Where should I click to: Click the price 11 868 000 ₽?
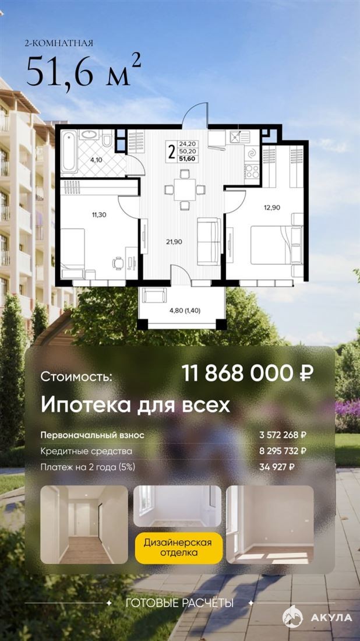248,373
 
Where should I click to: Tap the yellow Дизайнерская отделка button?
178,548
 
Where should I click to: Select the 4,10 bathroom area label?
97,160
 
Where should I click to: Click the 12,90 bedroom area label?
272,207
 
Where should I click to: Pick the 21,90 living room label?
175,242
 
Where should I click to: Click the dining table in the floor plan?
185,190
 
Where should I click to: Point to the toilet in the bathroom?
107,138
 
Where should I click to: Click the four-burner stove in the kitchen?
252,171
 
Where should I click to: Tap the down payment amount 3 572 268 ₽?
283,435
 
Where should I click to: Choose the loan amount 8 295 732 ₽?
283,451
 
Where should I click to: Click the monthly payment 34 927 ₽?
277,467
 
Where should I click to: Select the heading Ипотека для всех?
136,406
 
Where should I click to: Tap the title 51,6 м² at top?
84,71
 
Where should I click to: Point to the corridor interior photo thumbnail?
84,524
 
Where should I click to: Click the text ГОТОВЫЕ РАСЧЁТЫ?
180,603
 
